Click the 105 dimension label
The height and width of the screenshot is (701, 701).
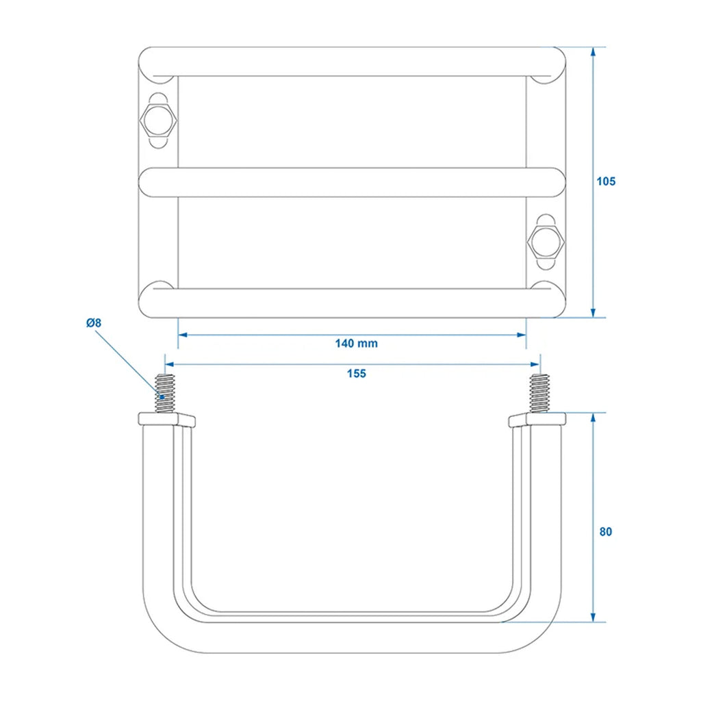pyautogui.click(x=606, y=181)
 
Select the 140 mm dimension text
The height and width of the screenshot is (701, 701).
pyautogui.click(x=356, y=344)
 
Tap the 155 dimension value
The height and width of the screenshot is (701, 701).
pyautogui.click(x=356, y=373)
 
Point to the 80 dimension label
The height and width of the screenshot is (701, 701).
pyautogui.click(x=605, y=531)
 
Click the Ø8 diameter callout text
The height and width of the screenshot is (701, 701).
pyautogui.click(x=94, y=322)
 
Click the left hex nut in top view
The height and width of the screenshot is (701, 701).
pyautogui.click(x=158, y=120)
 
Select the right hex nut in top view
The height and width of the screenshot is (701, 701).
pyautogui.click(x=546, y=242)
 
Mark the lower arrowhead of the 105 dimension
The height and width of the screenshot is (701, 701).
pyautogui.click(x=594, y=313)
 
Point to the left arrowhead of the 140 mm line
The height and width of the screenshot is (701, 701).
pyautogui.click(x=183, y=335)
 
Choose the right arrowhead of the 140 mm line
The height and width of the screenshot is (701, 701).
pyautogui.click(x=521, y=335)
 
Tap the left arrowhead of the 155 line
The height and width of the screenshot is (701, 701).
pyautogui.click(x=170, y=365)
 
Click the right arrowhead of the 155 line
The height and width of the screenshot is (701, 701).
pyautogui.click(x=535, y=365)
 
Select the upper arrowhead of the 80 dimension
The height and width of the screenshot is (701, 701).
pyautogui.click(x=594, y=418)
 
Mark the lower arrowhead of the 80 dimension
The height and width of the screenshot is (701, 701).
pyautogui.click(x=594, y=617)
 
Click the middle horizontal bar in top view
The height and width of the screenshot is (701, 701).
pyautogui.click(x=353, y=182)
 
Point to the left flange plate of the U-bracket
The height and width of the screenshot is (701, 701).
pyautogui.click(x=167, y=420)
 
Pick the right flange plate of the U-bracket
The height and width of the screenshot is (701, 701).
pyautogui.click(x=537, y=420)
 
